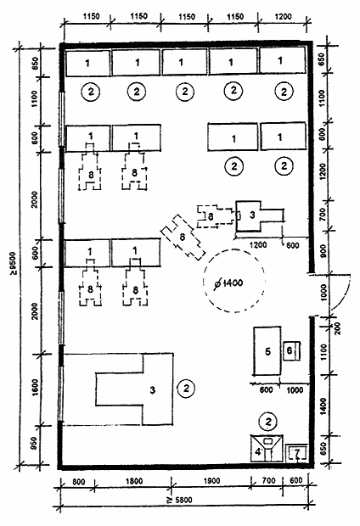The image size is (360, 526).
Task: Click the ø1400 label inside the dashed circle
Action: [228, 283]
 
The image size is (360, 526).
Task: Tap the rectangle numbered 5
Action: [267, 351]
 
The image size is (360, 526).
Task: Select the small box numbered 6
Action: [291, 350]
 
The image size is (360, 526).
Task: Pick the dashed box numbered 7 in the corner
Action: [296, 453]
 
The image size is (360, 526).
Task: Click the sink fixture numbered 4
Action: [267, 448]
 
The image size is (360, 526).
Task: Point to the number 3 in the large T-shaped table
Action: [153, 389]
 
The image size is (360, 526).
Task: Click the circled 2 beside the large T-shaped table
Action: [186, 388]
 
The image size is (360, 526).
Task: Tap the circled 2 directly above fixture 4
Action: [268, 422]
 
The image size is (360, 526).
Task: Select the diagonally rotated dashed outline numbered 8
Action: [183, 238]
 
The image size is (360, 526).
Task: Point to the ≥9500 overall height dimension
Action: [14, 263]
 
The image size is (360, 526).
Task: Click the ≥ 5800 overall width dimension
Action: [180, 501]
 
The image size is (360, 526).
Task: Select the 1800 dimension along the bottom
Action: [133, 481]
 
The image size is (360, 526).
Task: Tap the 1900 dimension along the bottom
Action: [211, 481]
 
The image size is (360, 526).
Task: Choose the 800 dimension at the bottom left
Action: [79, 482]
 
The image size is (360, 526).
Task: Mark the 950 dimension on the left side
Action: [35, 445]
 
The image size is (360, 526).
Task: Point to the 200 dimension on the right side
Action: [338, 328]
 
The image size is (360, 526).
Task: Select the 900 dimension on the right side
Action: [323, 251]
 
